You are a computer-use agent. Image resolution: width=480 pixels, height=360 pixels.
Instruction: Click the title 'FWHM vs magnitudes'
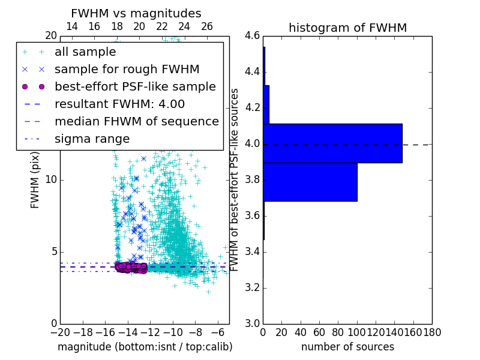[x=136, y=13]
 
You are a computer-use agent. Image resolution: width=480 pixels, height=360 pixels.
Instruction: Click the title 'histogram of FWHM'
[x=347, y=28]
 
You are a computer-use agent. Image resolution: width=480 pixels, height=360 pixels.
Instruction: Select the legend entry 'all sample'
[x=85, y=52]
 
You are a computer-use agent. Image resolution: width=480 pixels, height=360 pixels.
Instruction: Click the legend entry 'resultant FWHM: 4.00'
[x=119, y=104]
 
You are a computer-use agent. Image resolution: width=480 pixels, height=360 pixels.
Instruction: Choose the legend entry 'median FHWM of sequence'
[x=136, y=121]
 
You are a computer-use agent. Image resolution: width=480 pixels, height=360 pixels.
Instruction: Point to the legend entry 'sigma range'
[x=92, y=139]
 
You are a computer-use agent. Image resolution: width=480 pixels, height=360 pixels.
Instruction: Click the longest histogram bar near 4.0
[x=332, y=143]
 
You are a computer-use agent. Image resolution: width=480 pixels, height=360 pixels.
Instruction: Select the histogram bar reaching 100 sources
[x=310, y=182]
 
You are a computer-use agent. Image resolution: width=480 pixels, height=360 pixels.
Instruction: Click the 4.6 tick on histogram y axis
[x=252, y=36]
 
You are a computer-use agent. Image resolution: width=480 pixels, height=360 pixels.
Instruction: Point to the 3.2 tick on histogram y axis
[x=252, y=287]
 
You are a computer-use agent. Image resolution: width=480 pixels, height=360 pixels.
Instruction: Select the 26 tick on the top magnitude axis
[x=207, y=26]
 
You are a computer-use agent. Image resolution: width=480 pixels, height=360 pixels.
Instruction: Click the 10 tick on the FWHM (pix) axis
[x=50, y=180]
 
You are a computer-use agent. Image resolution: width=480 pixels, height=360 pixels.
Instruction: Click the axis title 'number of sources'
[x=347, y=347]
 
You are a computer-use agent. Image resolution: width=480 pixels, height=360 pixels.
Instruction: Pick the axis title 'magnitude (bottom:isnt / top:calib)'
[x=145, y=347]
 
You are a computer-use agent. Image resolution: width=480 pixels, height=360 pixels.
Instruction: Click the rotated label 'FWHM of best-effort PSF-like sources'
[x=235, y=179]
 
